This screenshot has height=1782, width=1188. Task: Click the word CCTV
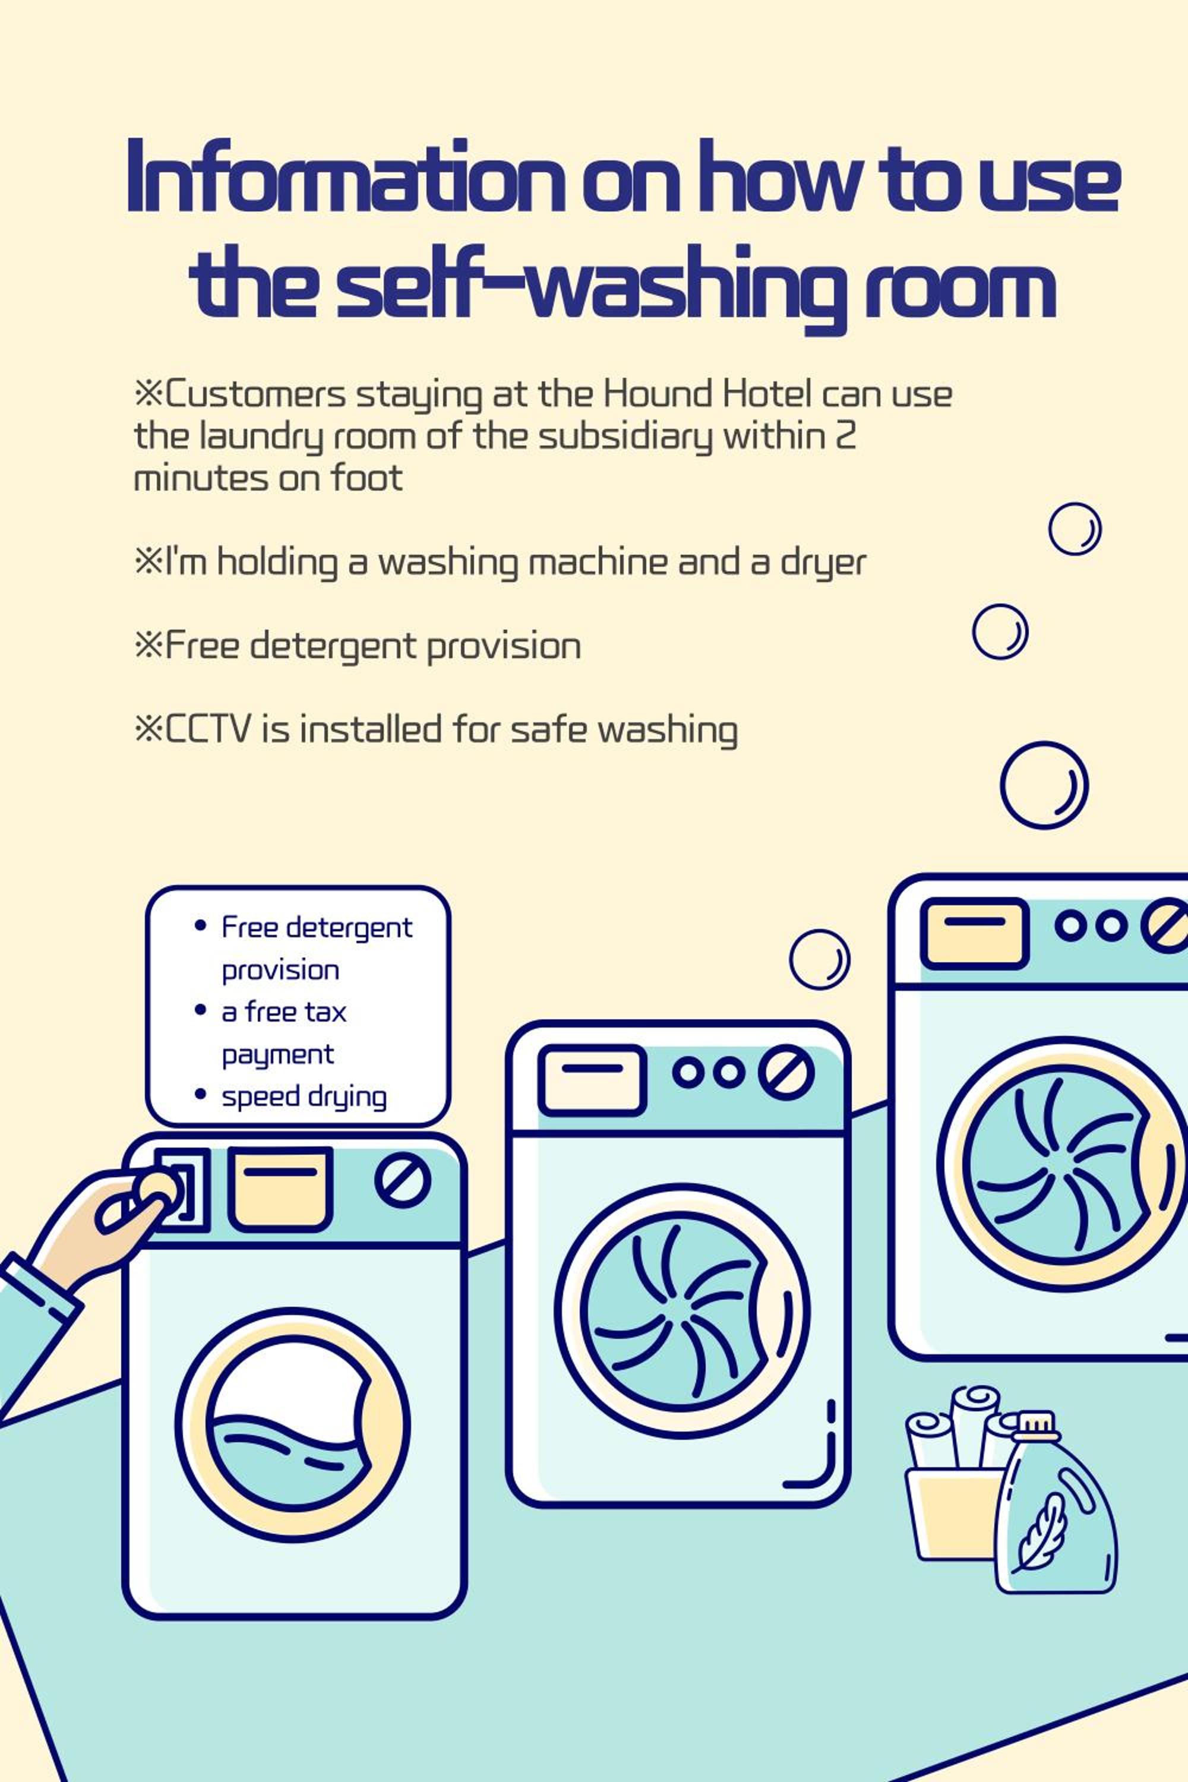click(207, 729)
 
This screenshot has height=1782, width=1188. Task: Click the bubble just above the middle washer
click(819, 959)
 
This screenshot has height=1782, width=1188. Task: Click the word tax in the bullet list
click(325, 1012)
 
